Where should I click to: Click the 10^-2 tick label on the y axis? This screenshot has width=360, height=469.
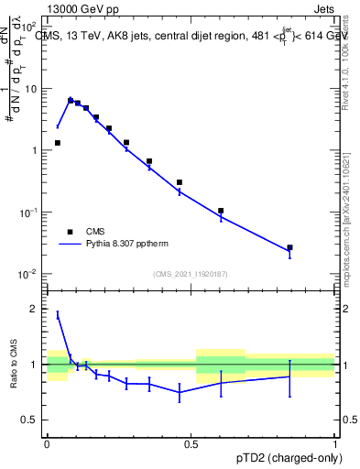pyautogui.click(x=27, y=274)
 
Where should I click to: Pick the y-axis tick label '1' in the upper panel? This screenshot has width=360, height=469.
pyautogui.click(x=35, y=150)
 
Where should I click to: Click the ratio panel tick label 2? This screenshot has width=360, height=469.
pyautogui.click(x=35, y=309)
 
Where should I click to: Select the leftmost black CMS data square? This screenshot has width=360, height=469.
pyautogui.click(x=58, y=143)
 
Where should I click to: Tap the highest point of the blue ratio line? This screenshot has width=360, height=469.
pyautogui.click(x=58, y=314)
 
